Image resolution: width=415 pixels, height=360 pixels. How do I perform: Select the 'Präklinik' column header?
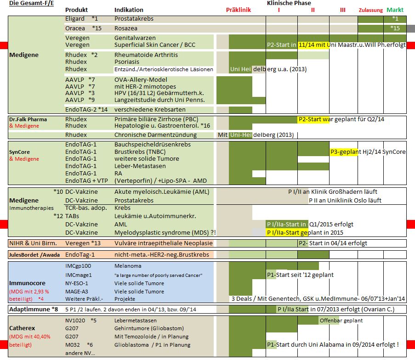coord(239,10)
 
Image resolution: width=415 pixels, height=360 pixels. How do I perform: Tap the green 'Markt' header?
coord(395,10)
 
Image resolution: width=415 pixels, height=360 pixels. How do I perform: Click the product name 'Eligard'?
coord(75,19)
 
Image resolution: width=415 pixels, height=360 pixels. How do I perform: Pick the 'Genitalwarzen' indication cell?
coord(135,38)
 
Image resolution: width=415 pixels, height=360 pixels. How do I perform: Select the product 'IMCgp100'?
coord(79,266)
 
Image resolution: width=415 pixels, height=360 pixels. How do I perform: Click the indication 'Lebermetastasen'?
coord(136,320)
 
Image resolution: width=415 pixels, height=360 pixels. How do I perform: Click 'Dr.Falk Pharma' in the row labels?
coord(28,119)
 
